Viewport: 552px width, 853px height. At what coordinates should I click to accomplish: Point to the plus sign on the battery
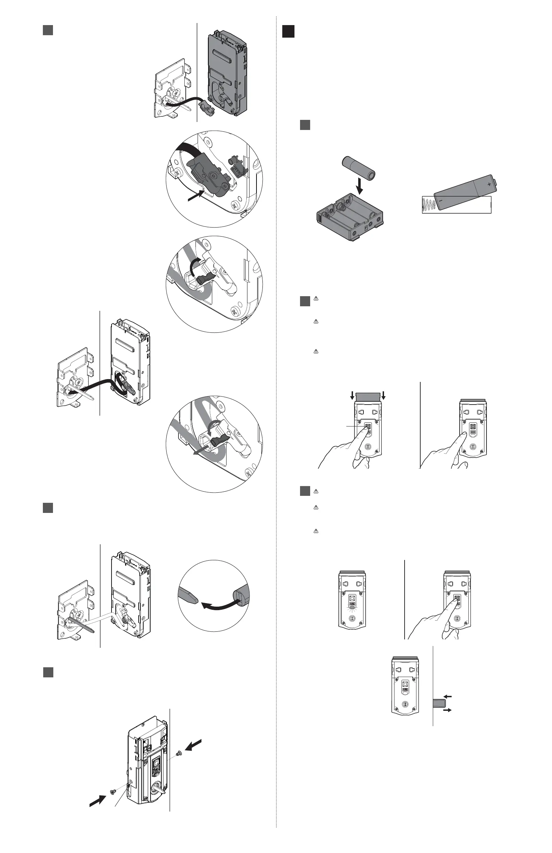pyautogui.click(x=489, y=184)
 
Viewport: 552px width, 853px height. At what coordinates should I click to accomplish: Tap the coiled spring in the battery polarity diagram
pyautogui.click(x=428, y=205)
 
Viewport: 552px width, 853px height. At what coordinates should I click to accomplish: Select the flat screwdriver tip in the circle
pyautogui.click(x=187, y=597)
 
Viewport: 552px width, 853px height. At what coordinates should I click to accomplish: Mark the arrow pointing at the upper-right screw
pyautogui.click(x=193, y=745)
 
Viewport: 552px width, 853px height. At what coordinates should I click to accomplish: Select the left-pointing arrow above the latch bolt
pyautogui.click(x=448, y=697)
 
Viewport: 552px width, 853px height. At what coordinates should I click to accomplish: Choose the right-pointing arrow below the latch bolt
pyautogui.click(x=447, y=710)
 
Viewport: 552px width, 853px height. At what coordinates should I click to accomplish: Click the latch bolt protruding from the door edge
pyautogui.click(x=439, y=703)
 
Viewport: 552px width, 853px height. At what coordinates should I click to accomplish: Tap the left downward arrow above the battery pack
pyautogui.click(x=352, y=395)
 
